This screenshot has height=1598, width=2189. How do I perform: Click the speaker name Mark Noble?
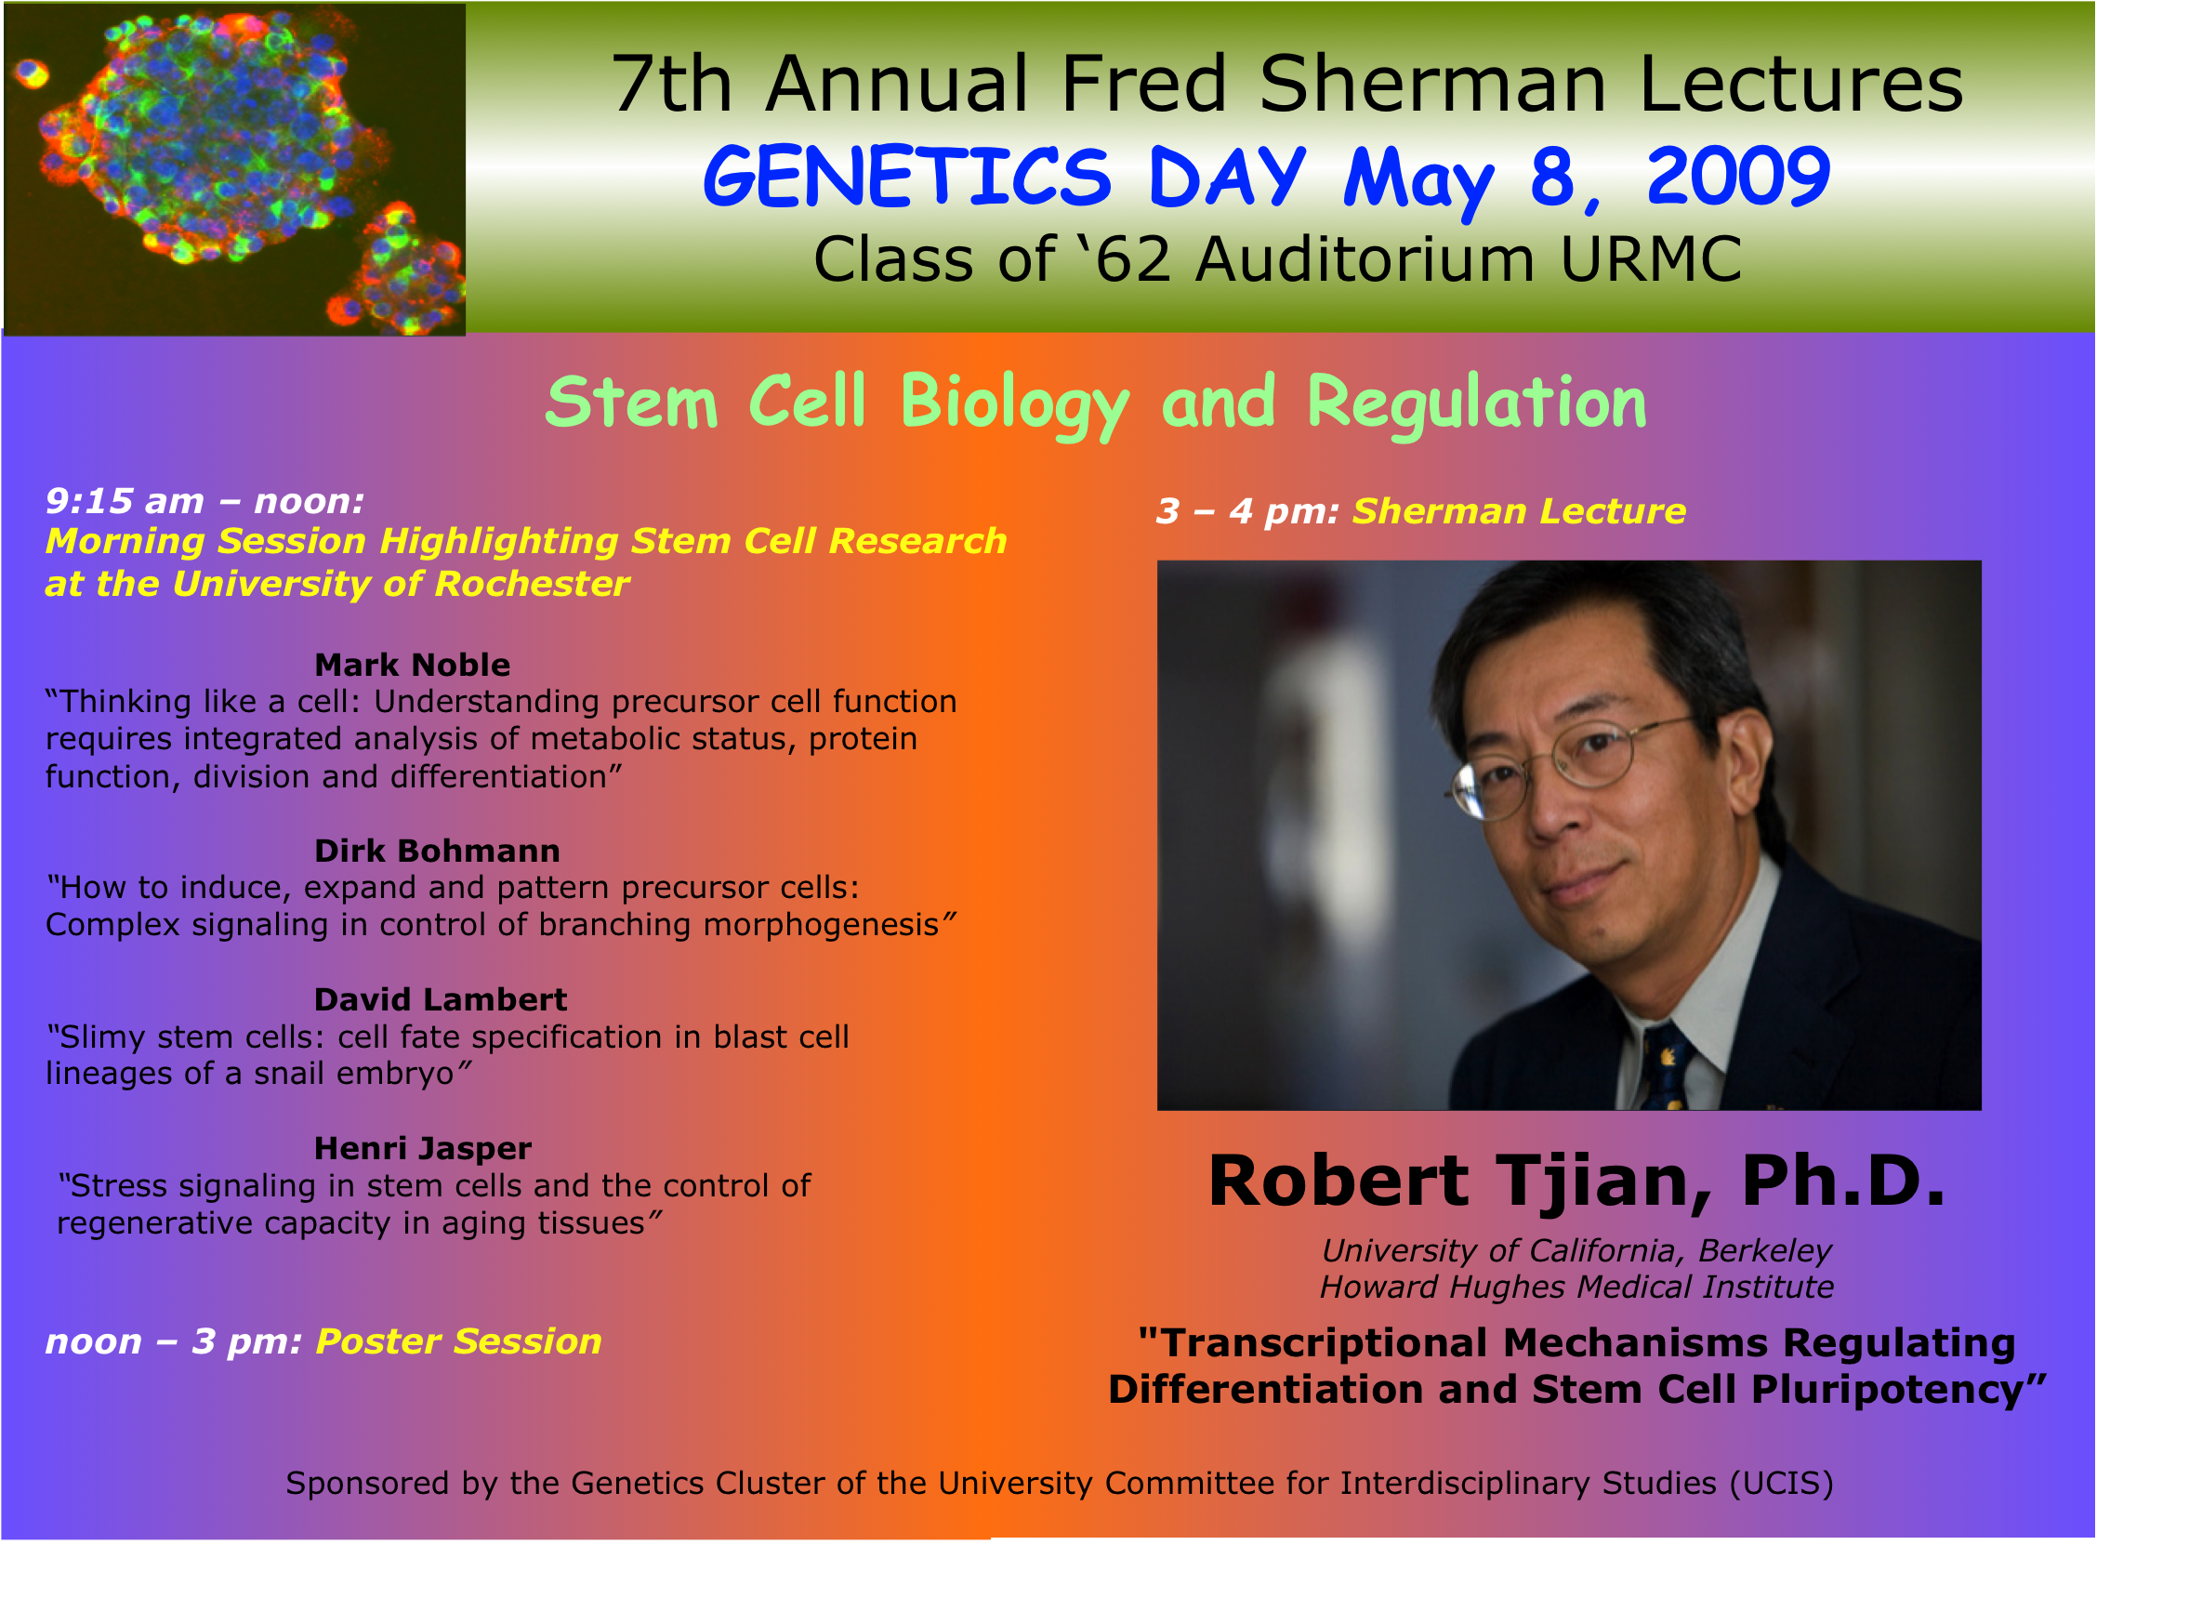pyautogui.click(x=412, y=665)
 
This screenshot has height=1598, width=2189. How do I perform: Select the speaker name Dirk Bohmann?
pyautogui.click(x=437, y=851)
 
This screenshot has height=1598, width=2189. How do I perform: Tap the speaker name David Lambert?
pyautogui.click(x=440, y=999)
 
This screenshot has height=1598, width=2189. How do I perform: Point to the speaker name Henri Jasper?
pyautogui.click(x=423, y=1148)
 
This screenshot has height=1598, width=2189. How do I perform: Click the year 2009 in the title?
pyautogui.click(x=1737, y=176)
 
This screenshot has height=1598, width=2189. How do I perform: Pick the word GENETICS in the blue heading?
pyautogui.click(x=907, y=176)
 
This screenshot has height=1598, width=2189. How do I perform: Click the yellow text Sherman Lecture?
pyautogui.click(x=1519, y=510)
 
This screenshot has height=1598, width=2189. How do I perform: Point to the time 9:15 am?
pyautogui.click(x=125, y=501)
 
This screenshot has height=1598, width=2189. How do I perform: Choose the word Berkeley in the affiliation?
pyautogui.click(x=1764, y=1250)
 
